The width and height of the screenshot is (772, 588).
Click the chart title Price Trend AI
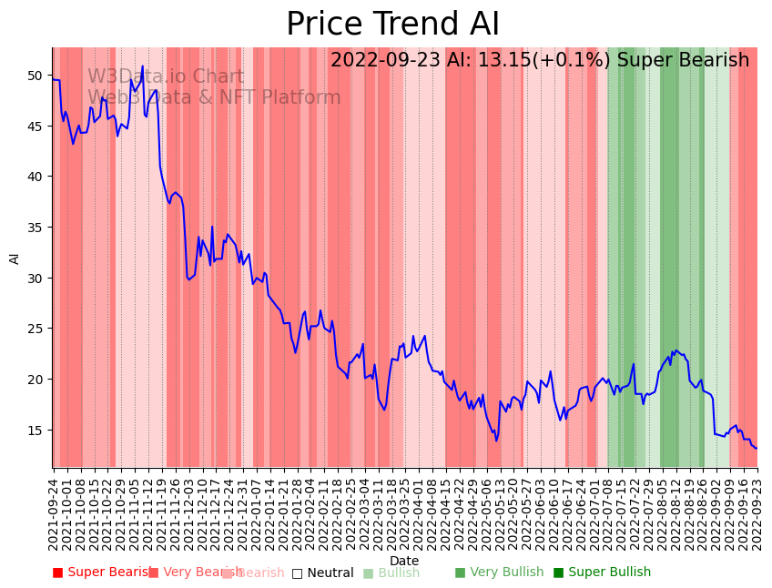pyautogui.click(x=392, y=25)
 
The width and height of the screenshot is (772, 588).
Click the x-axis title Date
pyautogui.click(x=404, y=561)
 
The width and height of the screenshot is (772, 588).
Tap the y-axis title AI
pyautogui.click(x=15, y=258)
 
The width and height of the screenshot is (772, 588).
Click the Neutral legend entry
pyautogui.click(x=322, y=573)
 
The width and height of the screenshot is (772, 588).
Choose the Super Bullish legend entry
pyautogui.click(x=602, y=573)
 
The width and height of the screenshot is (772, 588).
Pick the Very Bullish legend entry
pyautogui.click(x=499, y=573)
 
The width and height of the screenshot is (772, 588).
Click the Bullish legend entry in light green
pyautogui.click(x=391, y=573)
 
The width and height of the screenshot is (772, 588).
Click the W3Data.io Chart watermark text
pyautogui.click(x=166, y=77)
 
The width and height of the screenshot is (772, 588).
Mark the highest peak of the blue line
pyautogui.click(x=142, y=66)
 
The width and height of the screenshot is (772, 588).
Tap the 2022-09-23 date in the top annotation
pyautogui.click(x=386, y=61)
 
